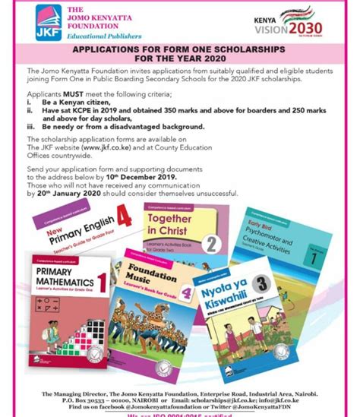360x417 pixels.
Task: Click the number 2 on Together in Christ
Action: (x=214, y=244)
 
